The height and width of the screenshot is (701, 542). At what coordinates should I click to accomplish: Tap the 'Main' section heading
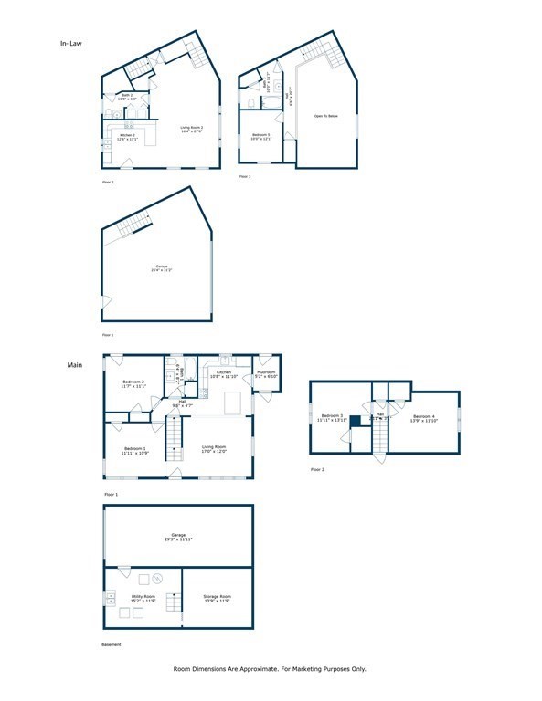tap(75, 365)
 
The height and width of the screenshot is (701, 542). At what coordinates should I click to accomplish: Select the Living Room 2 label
tap(189, 131)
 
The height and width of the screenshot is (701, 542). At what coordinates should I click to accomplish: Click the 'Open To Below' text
tap(326, 117)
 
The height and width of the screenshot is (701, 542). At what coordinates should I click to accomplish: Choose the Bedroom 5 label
tap(260, 137)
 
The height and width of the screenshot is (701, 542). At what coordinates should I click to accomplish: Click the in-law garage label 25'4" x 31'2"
tap(161, 269)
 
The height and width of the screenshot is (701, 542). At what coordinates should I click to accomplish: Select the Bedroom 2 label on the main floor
tap(134, 383)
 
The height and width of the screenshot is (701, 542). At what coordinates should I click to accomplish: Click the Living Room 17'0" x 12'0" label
tap(214, 449)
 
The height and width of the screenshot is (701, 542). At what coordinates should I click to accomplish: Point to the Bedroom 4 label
tap(426, 419)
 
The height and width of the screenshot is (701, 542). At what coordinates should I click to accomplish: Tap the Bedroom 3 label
tap(332, 418)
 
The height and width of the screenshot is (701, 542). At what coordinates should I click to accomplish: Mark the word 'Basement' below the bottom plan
tap(111, 645)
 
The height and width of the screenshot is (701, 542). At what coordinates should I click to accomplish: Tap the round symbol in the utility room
tap(157, 579)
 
